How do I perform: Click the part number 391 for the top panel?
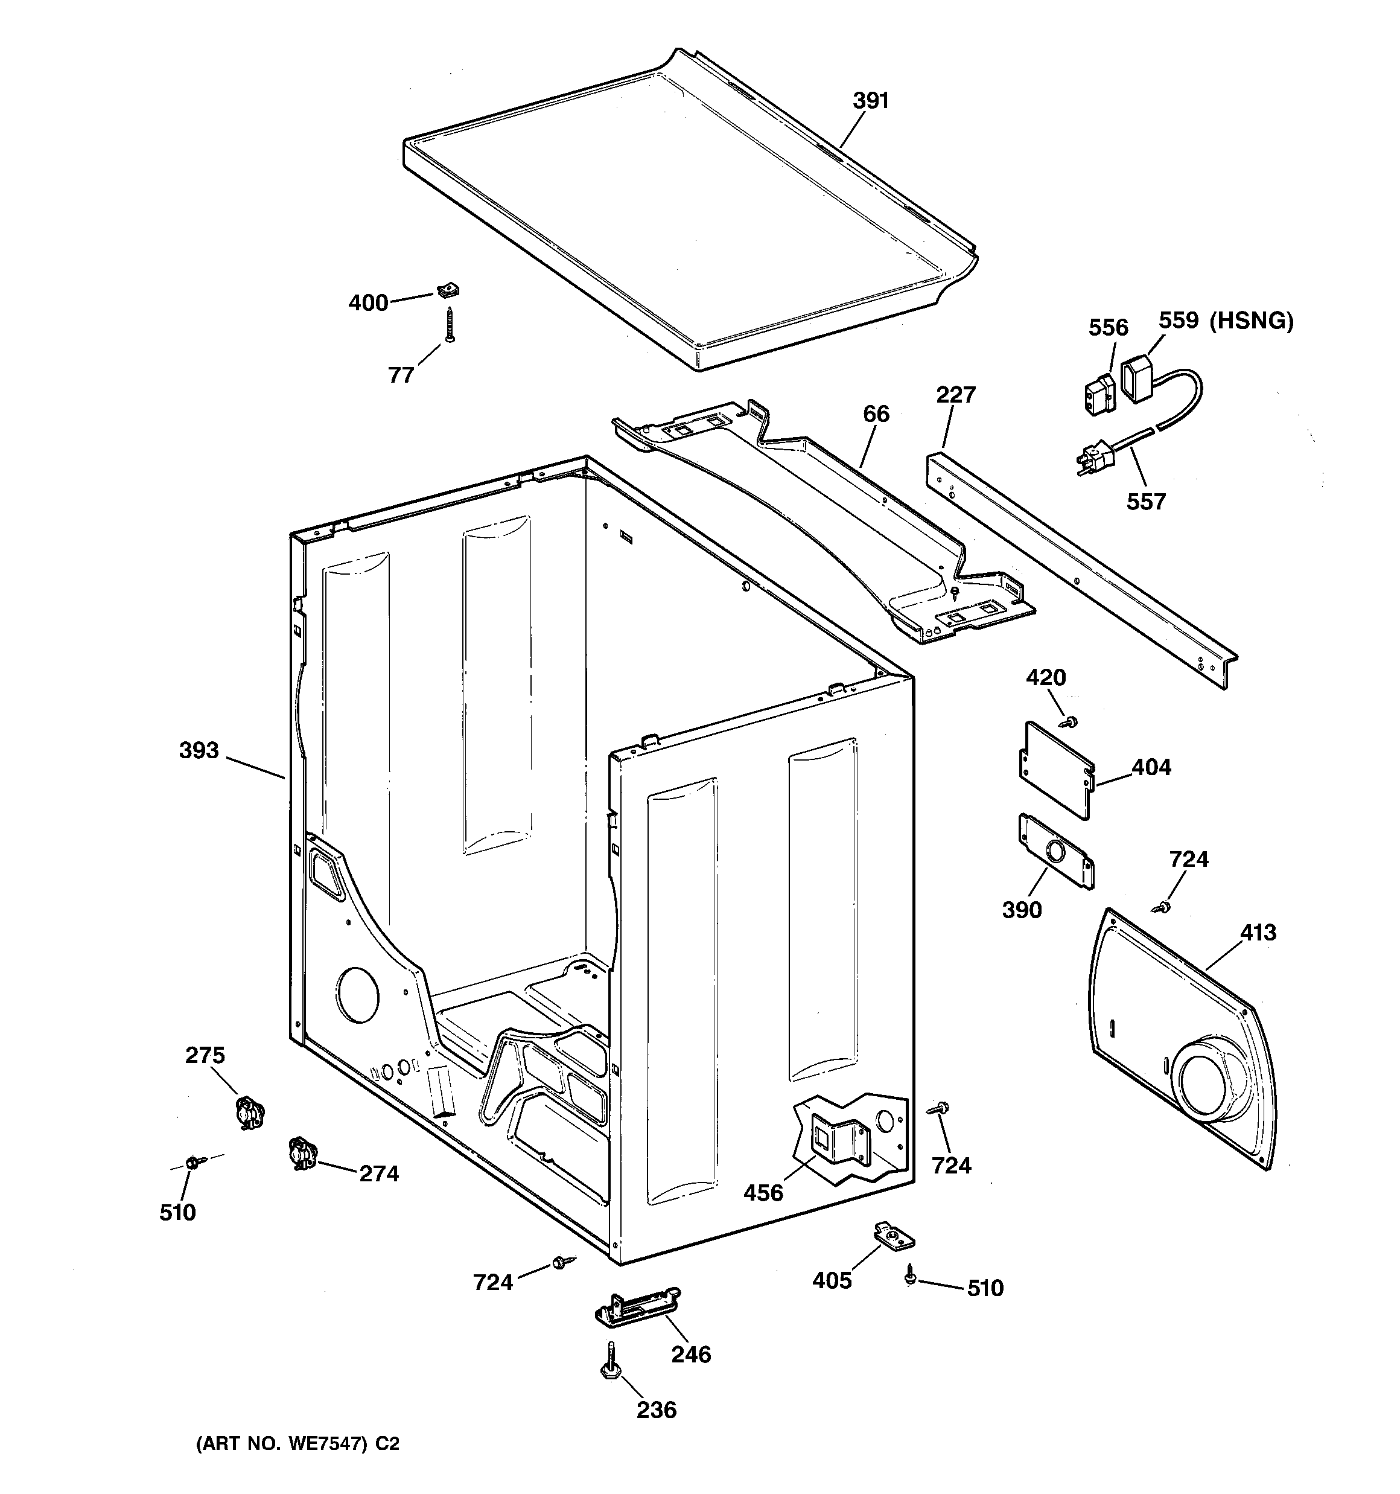coord(870,101)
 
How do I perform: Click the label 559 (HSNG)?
coord(1226,321)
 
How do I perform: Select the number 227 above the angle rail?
coord(955,395)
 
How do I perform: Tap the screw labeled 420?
coord(1067,721)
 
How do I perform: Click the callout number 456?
coord(763,1193)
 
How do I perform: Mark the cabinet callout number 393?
coord(199,750)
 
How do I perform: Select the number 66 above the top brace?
coord(876,414)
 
